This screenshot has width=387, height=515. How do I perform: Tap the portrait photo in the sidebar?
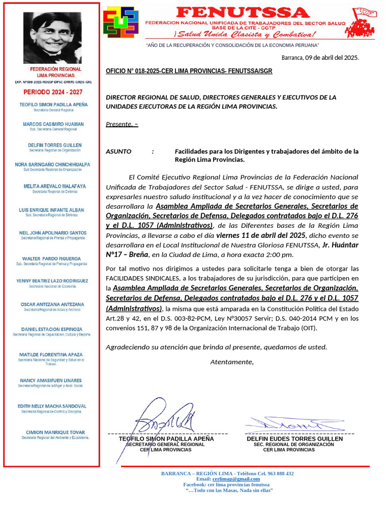[x=52, y=38]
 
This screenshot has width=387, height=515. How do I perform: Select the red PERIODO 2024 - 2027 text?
[x=52, y=93]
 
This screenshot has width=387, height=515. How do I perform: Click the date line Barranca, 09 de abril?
[x=320, y=57]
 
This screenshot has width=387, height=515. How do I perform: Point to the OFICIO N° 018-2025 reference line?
[x=189, y=71]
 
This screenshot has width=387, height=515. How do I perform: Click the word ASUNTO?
[x=118, y=151]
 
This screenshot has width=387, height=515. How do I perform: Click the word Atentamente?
[x=232, y=362]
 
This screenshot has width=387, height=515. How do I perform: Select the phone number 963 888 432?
[x=276, y=473]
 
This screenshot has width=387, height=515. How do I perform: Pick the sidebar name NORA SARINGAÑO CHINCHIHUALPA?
[x=52, y=164]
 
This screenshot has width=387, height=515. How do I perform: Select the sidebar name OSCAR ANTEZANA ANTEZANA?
[x=52, y=304]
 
